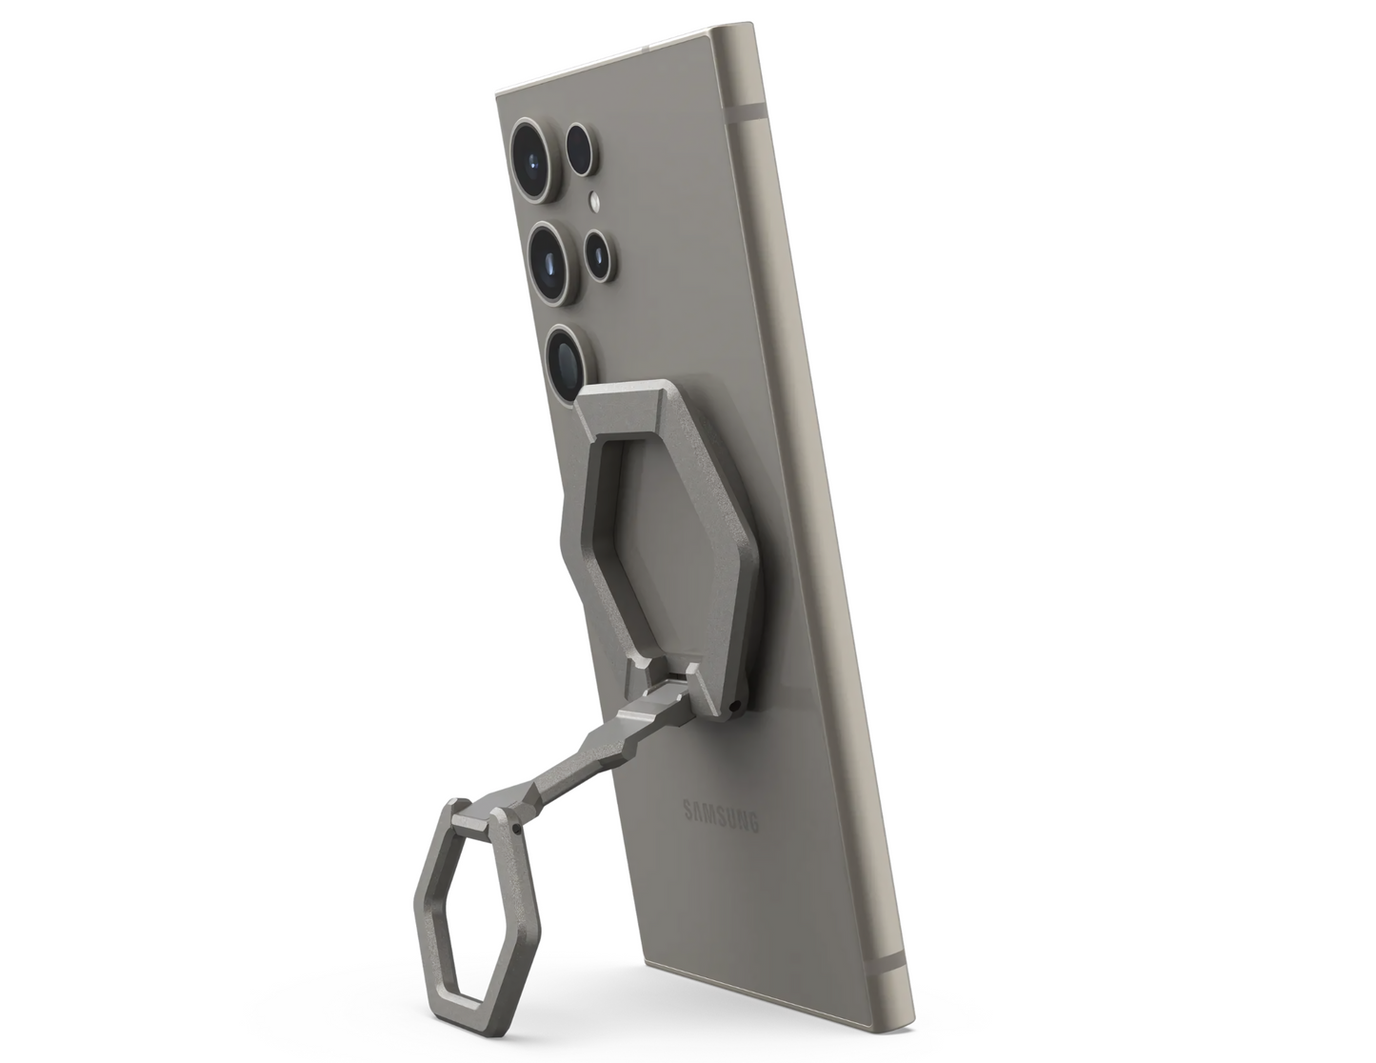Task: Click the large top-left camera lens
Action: (534, 159)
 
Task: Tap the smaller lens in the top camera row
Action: (581, 149)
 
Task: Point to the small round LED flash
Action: (594, 202)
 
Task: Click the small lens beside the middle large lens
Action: (598, 255)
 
